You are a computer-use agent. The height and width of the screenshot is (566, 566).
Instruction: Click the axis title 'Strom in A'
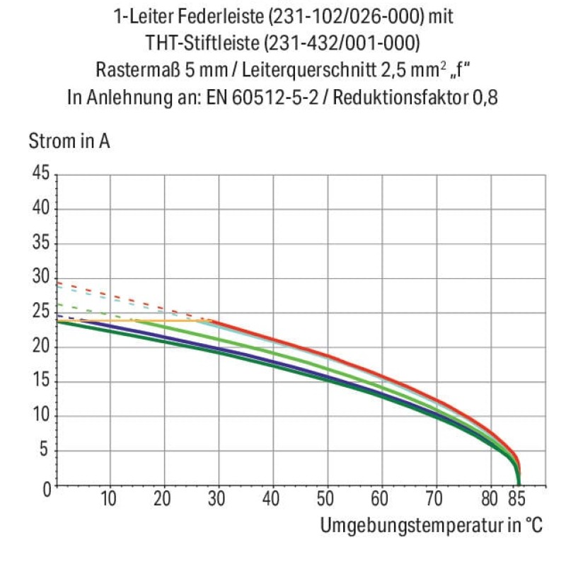69,141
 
